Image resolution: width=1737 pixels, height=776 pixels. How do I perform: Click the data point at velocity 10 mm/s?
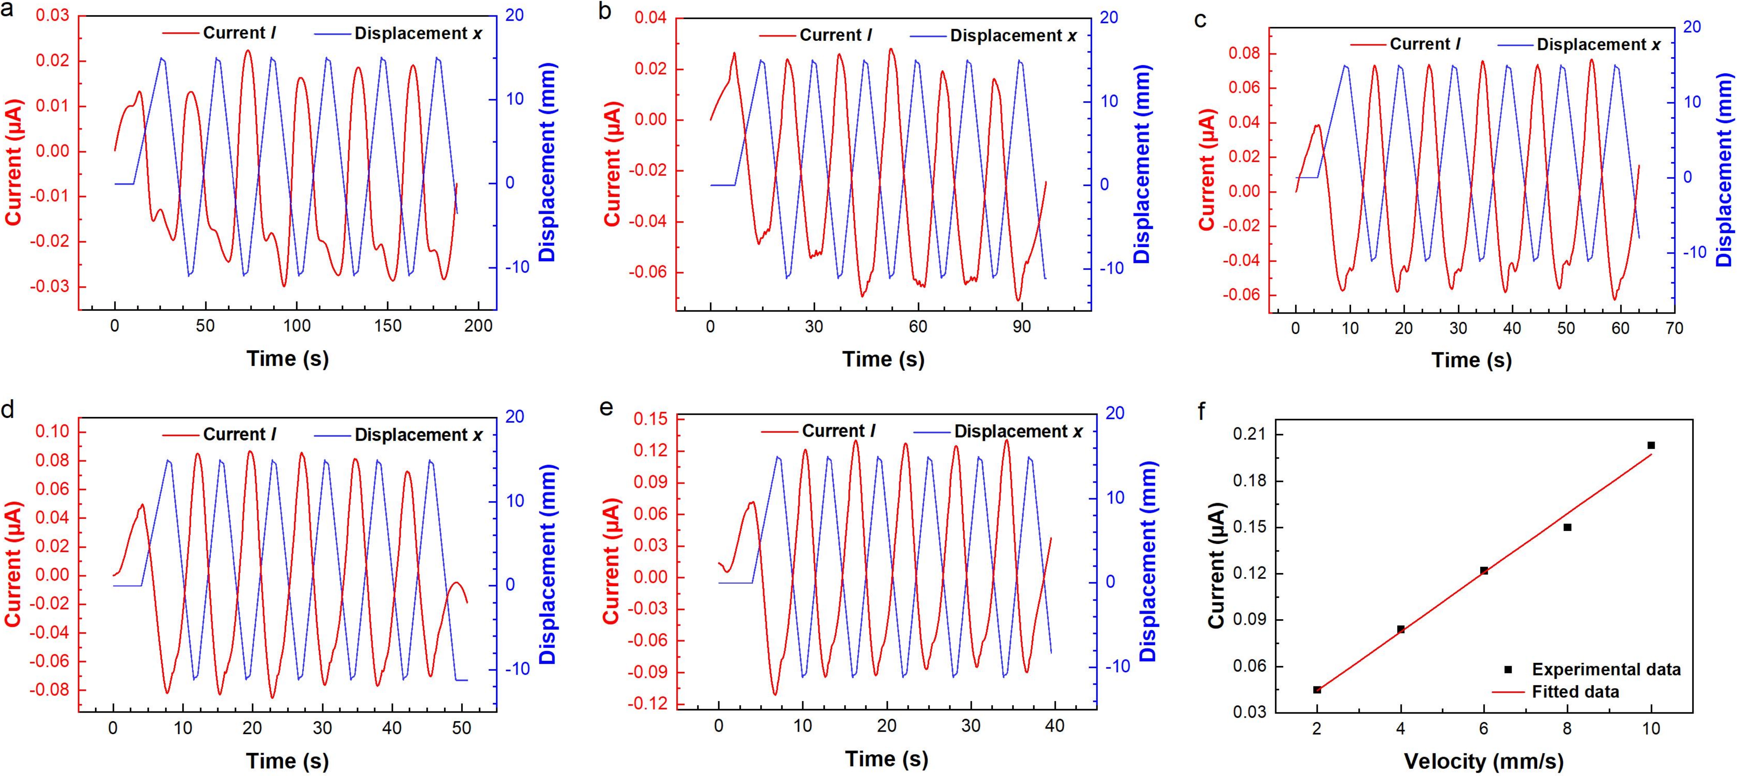(x=1651, y=445)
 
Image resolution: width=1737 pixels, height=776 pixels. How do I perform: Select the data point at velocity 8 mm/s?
(x=1567, y=527)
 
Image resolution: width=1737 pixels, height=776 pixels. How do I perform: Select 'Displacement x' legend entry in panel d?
(x=418, y=435)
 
